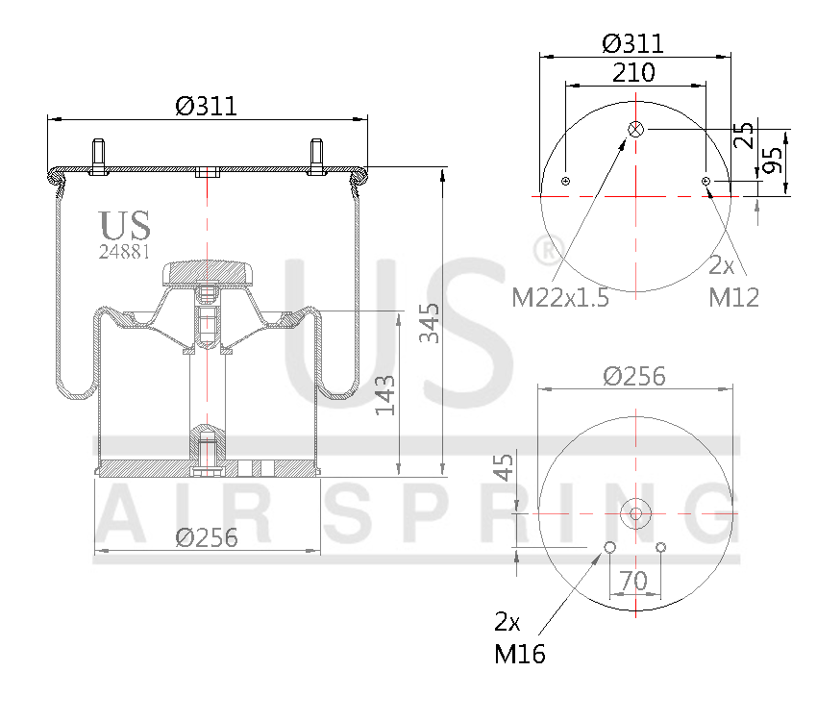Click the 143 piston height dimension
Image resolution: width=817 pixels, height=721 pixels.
coord(385,395)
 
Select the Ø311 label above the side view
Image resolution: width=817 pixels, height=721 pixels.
coord(207,106)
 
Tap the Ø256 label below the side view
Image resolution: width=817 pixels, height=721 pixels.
coord(207,537)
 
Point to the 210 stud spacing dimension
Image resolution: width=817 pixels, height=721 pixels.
coord(633,72)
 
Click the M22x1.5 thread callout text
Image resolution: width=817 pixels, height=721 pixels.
coord(560,297)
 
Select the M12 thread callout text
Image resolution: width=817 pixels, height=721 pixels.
coord(734,297)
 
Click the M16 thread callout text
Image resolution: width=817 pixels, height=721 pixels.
coord(520,655)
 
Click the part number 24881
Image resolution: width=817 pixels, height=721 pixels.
coord(125,252)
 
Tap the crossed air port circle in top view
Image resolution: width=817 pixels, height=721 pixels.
coord(635,129)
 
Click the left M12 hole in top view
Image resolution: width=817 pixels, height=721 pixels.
coord(566,182)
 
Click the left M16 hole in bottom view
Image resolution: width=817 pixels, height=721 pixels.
coord(609,548)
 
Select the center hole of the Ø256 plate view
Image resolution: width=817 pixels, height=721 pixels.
coord(635,513)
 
